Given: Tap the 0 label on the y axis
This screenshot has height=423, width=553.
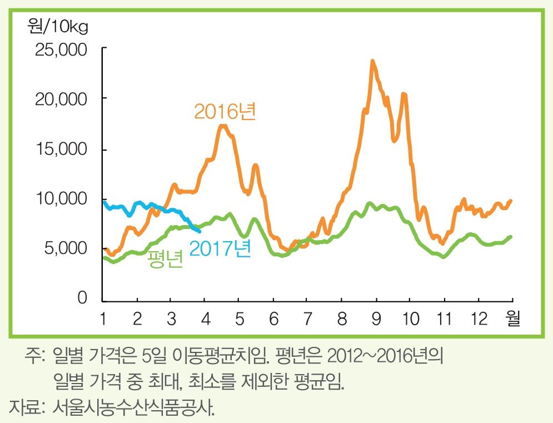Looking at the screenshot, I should click(x=82, y=299).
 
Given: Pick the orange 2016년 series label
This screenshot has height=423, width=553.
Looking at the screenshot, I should click(x=225, y=112).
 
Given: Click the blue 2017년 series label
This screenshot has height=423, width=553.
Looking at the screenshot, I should click(x=220, y=248).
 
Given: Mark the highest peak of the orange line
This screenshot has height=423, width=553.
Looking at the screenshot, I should click(x=372, y=61).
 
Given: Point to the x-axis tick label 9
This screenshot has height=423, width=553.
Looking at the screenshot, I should click(x=376, y=320).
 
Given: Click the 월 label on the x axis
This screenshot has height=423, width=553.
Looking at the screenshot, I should click(x=512, y=320).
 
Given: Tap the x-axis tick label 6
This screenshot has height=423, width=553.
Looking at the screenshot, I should click(x=273, y=320).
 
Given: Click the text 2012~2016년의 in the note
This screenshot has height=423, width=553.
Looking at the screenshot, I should click(x=385, y=356).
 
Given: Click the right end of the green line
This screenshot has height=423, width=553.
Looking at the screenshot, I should click(x=511, y=237).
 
